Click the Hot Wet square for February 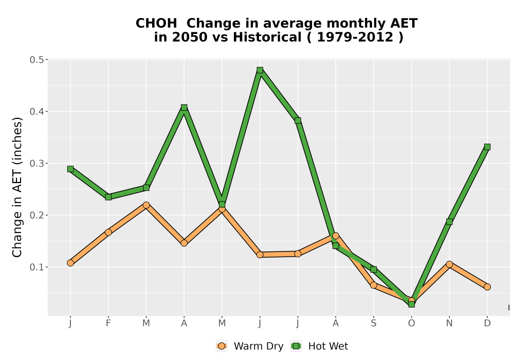click(x=108, y=197)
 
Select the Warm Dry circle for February click(x=108, y=232)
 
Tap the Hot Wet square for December click(x=487, y=147)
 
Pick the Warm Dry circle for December click(x=487, y=287)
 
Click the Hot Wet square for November click(x=449, y=222)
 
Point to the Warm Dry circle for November click(x=449, y=264)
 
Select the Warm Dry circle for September click(x=373, y=285)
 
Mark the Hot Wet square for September click(x=373, y=269)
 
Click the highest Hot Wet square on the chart click(x=260, y=70)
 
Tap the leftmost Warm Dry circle click(x=70, y=263)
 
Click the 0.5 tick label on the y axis click(x=36, y=60)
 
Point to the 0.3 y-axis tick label click(x=36, y=163)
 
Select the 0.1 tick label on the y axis click(x=36, y=267)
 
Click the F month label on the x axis click(x=108, y=323)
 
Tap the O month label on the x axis click(x=411, y=323)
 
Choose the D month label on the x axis click(x=487, y=323)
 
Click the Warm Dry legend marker click(x=222, y=346)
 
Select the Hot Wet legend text click(x=328, y=346)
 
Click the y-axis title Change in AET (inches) click(x=17, y=187)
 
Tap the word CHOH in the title click(x=156, y=23)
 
